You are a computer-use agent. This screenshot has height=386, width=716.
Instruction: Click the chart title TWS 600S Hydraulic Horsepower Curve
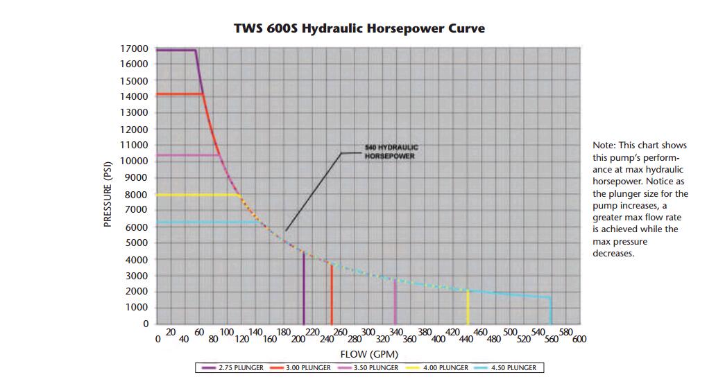click(359, 28)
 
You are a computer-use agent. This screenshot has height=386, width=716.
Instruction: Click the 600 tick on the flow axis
click(579, 339)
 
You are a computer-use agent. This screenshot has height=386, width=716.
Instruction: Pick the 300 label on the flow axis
click(368, 333)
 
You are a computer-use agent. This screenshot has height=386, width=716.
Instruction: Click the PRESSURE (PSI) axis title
click(108, 195)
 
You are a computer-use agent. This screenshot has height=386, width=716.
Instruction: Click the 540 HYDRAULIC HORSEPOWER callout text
click(391, 152)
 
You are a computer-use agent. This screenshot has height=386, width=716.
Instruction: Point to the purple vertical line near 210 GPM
click(304, 291)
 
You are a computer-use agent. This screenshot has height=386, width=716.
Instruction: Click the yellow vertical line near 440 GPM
click(468, 308)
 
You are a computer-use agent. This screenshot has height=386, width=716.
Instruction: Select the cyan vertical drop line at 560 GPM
click(551, 312)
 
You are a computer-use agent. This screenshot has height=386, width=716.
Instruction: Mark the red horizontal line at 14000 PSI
click(179, 94)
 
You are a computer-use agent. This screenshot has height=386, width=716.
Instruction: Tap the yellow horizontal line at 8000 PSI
click(198, 195)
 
